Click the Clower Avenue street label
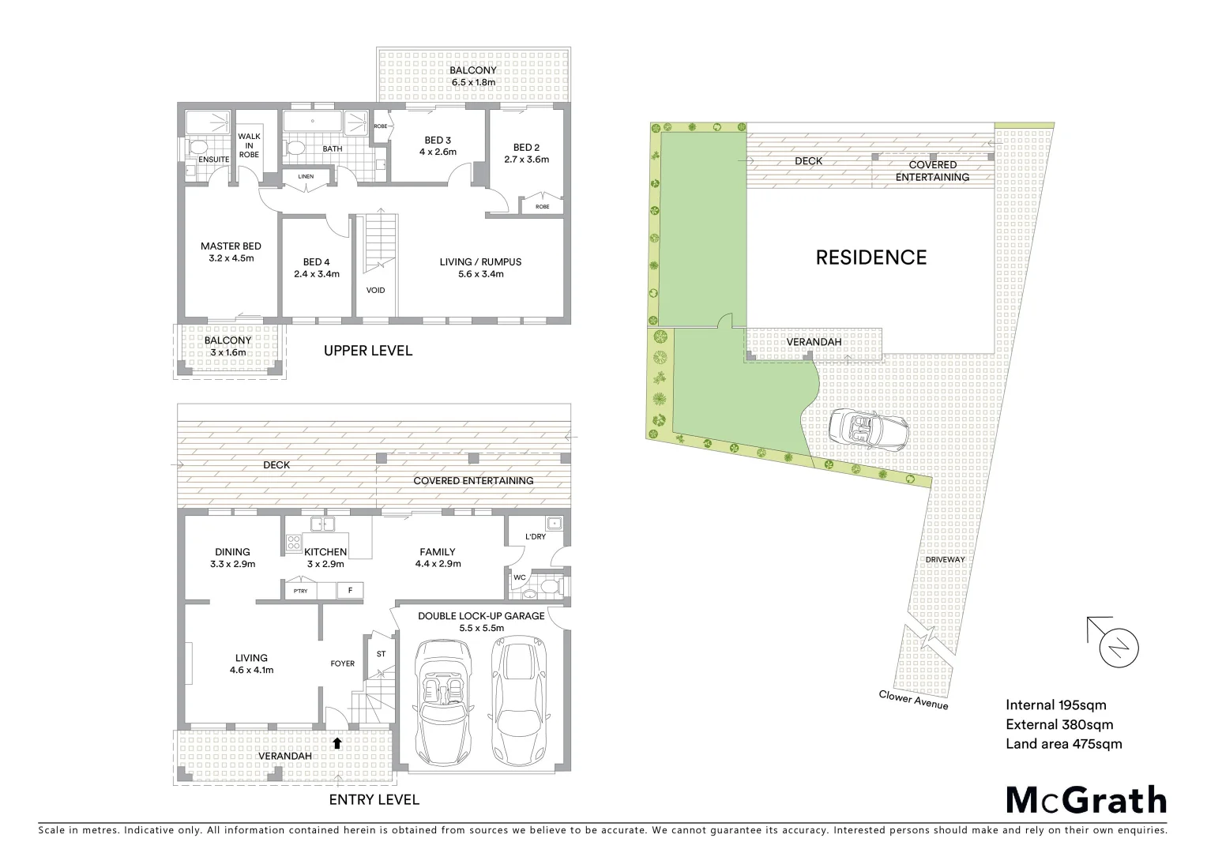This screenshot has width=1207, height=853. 913,700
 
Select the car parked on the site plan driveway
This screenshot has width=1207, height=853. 868,431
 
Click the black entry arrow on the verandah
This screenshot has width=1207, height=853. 337,742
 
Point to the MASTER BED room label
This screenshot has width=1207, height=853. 231,246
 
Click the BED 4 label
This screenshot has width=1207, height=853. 316,262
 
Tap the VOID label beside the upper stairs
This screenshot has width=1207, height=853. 376,290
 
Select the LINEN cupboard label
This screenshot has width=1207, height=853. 306,177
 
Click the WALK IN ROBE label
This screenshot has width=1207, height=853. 249,145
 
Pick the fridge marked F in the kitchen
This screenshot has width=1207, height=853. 349,590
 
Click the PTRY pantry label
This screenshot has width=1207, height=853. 300,591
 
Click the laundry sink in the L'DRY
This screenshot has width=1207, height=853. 554,523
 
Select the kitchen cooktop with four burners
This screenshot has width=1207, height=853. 292,543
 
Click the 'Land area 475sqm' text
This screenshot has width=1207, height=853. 1063,743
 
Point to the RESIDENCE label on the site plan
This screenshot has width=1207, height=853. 870,257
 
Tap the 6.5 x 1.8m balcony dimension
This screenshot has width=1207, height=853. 473,82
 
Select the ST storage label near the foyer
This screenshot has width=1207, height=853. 382,654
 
